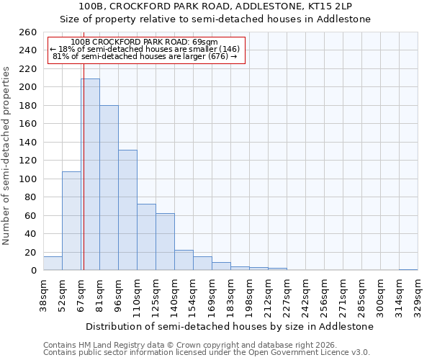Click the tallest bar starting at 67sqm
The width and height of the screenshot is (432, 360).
point(90,174)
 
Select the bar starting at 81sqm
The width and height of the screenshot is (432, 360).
point(109,187)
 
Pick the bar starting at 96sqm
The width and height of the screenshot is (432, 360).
point(127,210)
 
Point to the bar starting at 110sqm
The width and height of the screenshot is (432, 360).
point(146,237)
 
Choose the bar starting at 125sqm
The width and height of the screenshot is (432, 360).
point(165,241)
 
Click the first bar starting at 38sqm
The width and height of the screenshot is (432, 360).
point(53,264)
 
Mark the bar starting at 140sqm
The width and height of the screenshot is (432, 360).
point(184,260)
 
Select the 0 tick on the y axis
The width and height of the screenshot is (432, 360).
point(33,271)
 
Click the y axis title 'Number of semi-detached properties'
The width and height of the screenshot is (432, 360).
point(6,155)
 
